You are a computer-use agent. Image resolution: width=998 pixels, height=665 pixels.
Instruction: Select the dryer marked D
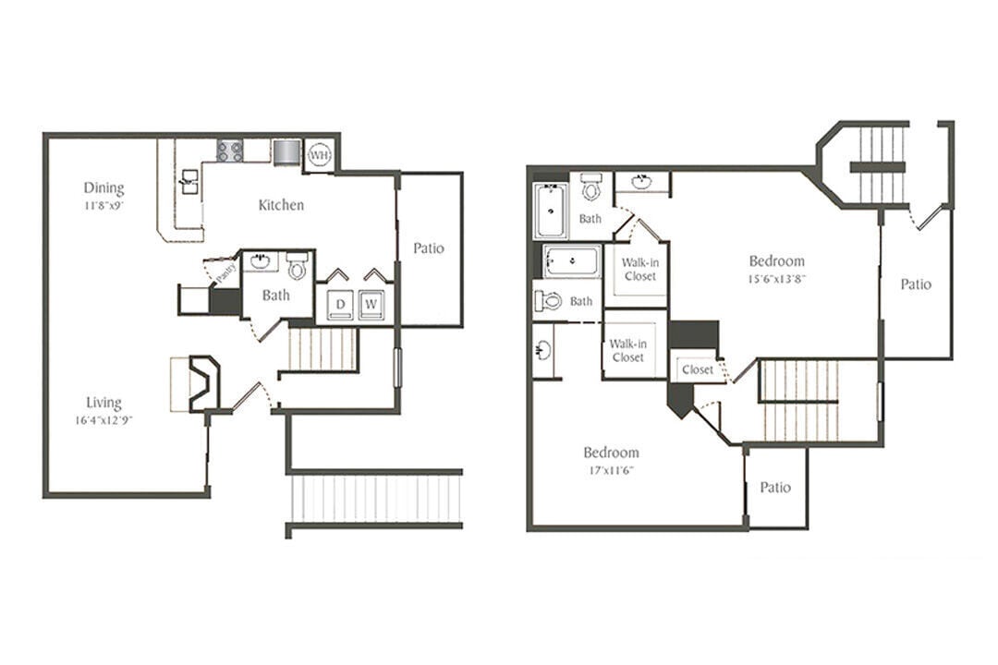339,304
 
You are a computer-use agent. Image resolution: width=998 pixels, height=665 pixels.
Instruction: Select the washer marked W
372,304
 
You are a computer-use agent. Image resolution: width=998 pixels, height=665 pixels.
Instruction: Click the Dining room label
103,188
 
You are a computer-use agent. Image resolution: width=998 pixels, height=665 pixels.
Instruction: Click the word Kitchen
281,205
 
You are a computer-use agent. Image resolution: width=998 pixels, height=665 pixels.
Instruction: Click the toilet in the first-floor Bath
297,268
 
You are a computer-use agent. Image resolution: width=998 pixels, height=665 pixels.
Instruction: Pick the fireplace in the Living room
202,383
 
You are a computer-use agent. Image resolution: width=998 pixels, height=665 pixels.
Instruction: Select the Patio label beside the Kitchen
429,248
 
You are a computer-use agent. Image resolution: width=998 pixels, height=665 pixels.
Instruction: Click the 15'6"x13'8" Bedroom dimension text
776,278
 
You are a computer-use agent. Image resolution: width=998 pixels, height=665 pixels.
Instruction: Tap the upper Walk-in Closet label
639,270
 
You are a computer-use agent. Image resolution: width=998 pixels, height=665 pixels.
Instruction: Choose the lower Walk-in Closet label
627,351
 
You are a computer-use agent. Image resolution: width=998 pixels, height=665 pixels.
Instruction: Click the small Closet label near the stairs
697,369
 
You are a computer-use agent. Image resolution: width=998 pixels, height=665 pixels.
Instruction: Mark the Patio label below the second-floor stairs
775,488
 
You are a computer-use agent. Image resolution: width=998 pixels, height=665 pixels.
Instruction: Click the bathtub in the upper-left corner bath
551,211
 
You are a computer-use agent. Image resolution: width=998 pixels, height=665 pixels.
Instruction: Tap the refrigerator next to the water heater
286,151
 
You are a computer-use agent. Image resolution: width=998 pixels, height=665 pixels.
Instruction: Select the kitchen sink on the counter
189,180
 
